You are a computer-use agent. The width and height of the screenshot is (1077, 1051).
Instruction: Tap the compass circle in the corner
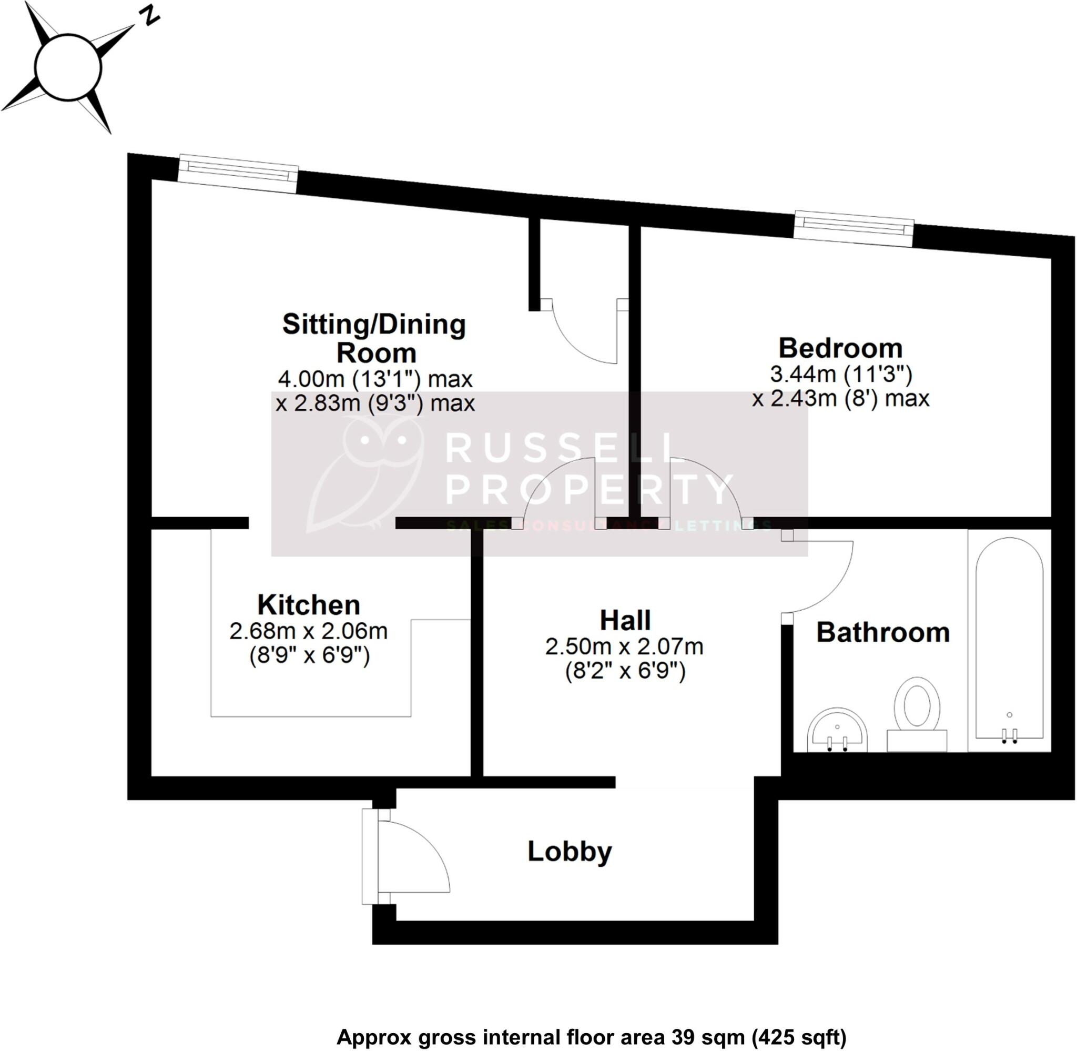tap(68, 67)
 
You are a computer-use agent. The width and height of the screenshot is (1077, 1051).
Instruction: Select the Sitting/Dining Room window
tap(238, 174)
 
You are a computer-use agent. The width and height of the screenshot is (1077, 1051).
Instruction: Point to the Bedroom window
tap(854, 228)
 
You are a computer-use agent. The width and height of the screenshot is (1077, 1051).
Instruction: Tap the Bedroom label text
tap(840, 348)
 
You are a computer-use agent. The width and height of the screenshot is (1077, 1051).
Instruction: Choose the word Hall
tap(625, 620)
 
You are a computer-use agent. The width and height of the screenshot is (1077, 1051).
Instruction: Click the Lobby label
tap(570, 851)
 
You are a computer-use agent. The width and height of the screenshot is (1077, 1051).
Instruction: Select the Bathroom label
tap(883, 633)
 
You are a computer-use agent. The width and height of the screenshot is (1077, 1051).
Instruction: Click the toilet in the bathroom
tap(917, 713)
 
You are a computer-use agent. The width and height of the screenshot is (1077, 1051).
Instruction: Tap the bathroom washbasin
tap(837, 730)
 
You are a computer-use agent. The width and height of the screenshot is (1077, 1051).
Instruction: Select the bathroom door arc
tap(822, 577)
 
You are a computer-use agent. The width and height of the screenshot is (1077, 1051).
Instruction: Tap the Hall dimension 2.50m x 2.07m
tap(624, 646)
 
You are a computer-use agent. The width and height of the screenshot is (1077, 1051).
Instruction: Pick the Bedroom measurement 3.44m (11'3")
tap(841, 375)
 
